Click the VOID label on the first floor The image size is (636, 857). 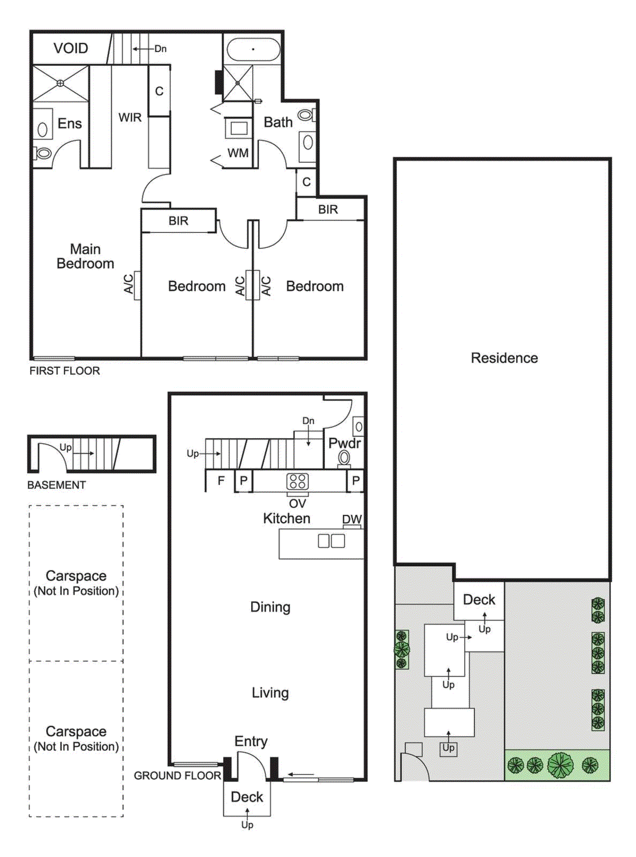pos(71,48)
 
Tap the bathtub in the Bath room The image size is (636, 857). pos(253,49)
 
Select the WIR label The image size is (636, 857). pos(130,117)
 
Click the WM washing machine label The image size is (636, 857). pos(238,153)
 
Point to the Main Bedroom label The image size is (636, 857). pos(85,256)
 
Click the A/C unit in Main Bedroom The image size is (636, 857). pos(137,285)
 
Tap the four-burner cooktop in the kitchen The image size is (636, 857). pos(297,481)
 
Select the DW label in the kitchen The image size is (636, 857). pos(352,519)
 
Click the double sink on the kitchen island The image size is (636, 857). pos(331,540)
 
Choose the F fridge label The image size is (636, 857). pos(221,480)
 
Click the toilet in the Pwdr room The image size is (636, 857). pos(344,458)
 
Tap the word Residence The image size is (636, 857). pos(504,358)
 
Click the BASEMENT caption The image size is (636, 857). pos(56,485)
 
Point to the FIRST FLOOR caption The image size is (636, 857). pos(64,371)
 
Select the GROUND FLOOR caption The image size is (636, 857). pos(177,776)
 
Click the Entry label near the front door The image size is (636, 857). pos(251,741)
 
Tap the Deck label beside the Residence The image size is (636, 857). pos(479,599)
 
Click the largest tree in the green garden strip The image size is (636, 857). pos(560,765)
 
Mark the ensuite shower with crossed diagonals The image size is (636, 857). pos(60,83)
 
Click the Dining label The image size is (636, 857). pos(270,607)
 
